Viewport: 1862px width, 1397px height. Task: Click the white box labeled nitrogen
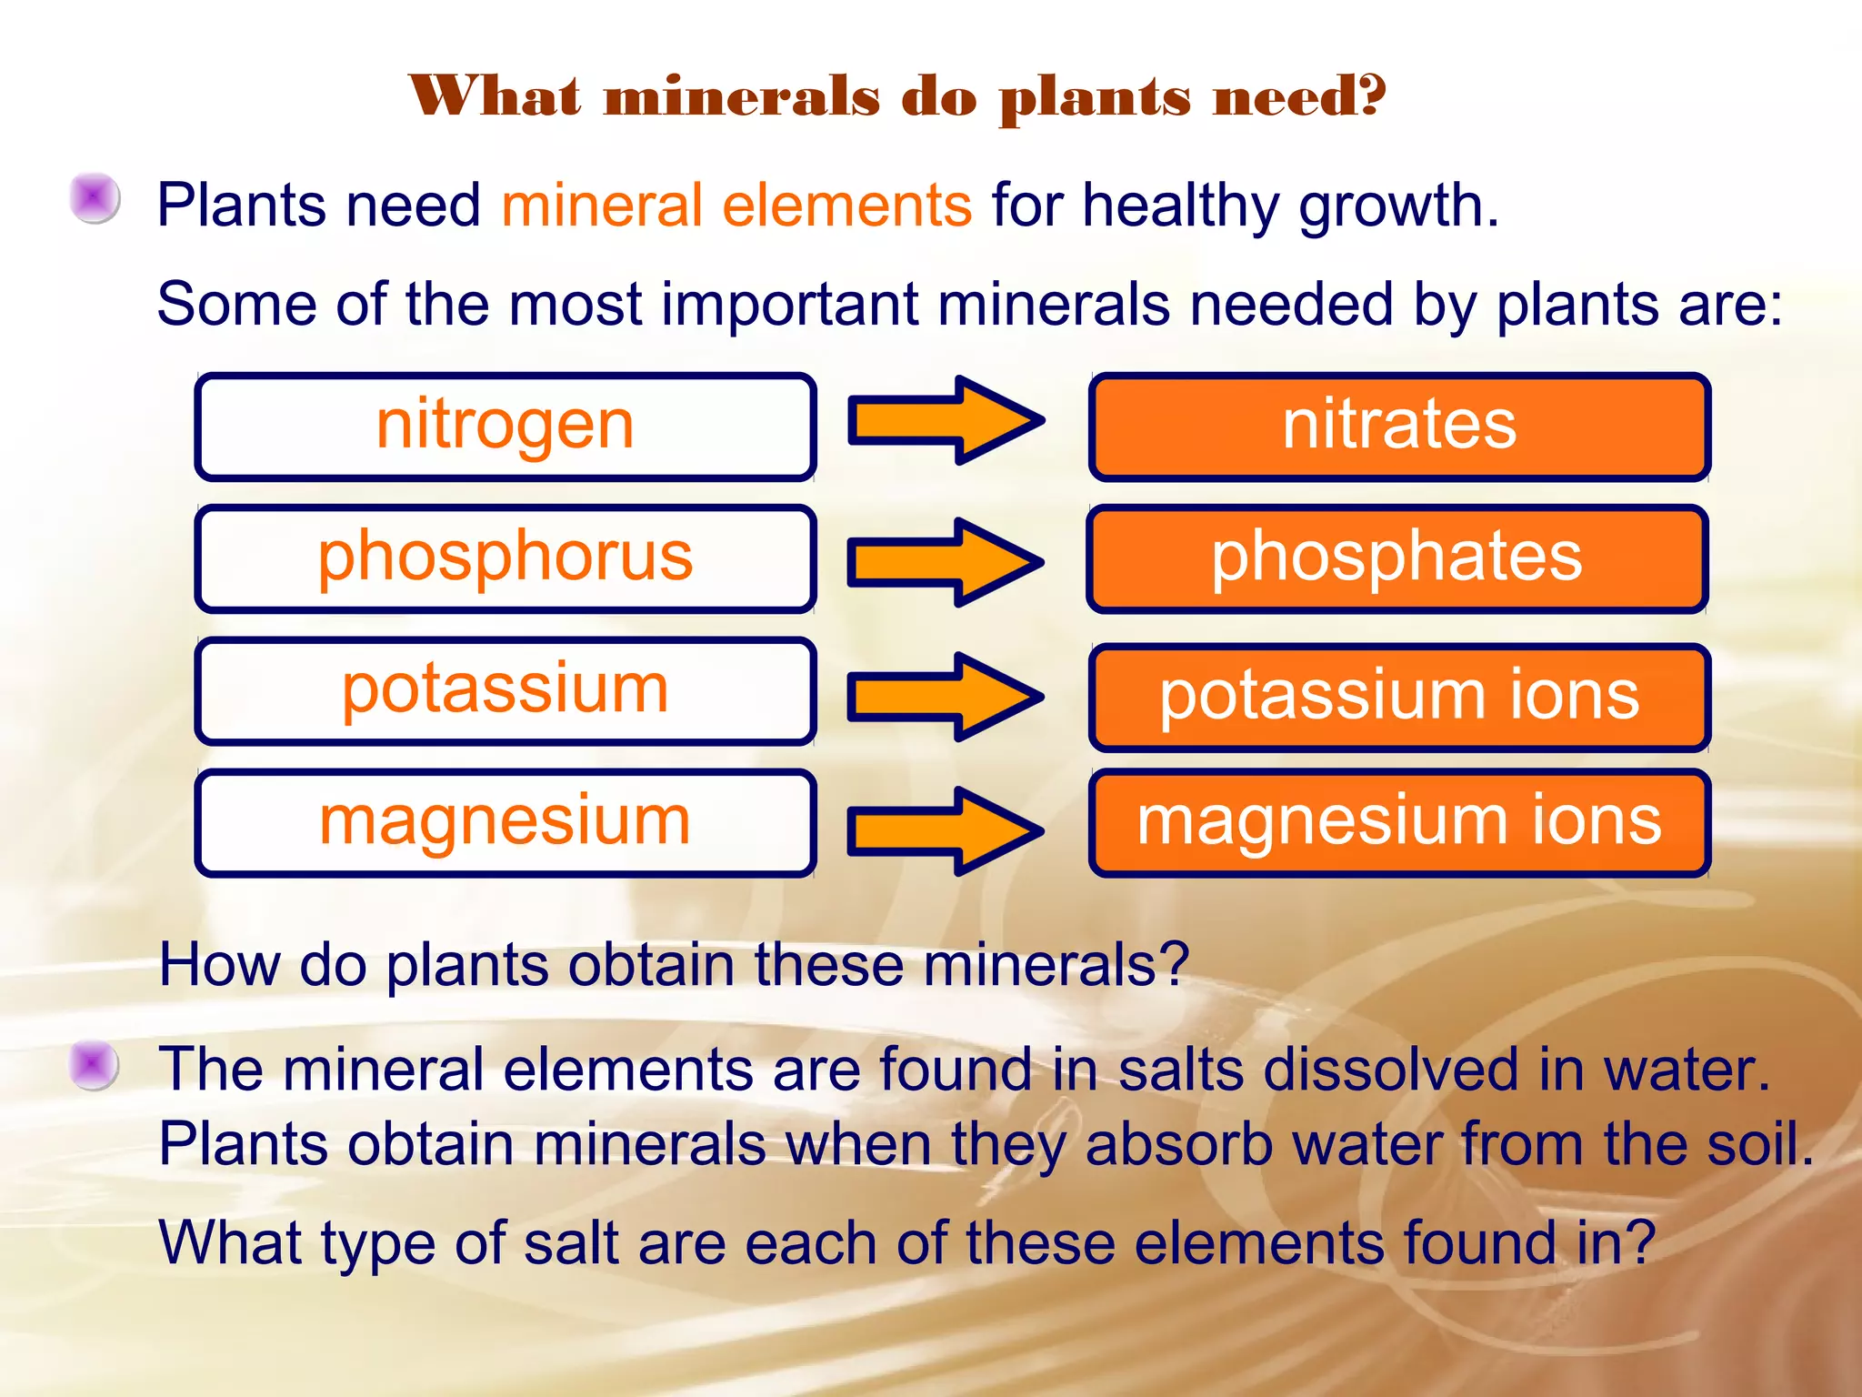(505, 426)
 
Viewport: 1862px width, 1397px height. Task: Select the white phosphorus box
(505, 558)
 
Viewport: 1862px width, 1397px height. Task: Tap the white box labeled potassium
(505, 690)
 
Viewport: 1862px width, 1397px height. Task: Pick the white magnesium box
(505, 822)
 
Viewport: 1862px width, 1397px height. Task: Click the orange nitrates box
(1399, 426)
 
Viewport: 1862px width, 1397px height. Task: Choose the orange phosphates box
(1396, 558)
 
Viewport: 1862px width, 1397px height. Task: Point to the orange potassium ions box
(1399, 697)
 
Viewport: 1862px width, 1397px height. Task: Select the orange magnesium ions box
(1399, 822)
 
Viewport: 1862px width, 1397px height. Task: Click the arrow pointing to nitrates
(946, 420)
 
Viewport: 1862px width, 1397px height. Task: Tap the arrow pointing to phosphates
(946, 562)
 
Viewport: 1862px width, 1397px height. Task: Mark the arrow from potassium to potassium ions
(946, 697)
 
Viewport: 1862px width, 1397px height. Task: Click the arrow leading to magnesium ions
(946, 830)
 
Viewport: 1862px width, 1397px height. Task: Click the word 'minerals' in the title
(742, 96)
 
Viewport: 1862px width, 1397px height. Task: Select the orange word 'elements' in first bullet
(846, 206)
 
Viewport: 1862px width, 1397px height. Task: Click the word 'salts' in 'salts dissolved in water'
(1180, 1070)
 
